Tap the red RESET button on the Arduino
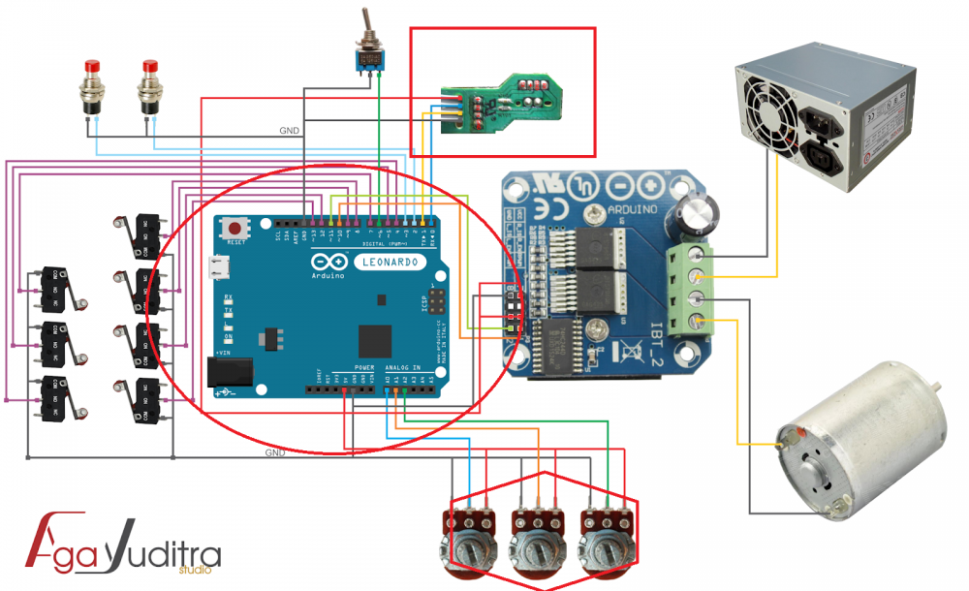(234, 228)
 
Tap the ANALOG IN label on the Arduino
(403, 369)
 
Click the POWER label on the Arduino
(363, 369)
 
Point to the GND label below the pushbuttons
(289, 130)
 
